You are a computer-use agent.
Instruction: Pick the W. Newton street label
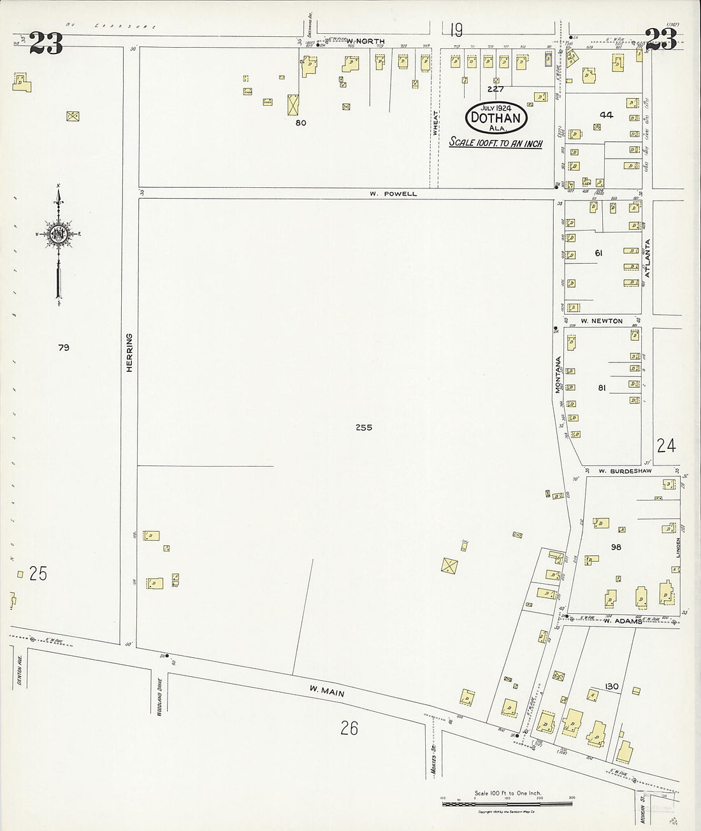point(601,321)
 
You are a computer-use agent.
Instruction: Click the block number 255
point(364,428)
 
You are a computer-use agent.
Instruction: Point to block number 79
point(63,348)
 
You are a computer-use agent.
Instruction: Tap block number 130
point(612,686)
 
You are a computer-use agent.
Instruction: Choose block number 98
point(616,547)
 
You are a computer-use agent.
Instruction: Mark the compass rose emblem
point(59,234)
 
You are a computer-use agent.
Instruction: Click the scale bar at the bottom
point(507,804)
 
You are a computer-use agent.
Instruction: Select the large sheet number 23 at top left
point(46,43)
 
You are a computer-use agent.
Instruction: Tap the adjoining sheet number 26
point(349,727)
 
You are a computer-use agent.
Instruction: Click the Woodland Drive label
point(158,700)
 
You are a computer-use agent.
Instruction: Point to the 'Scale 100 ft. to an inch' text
point(496,143)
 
